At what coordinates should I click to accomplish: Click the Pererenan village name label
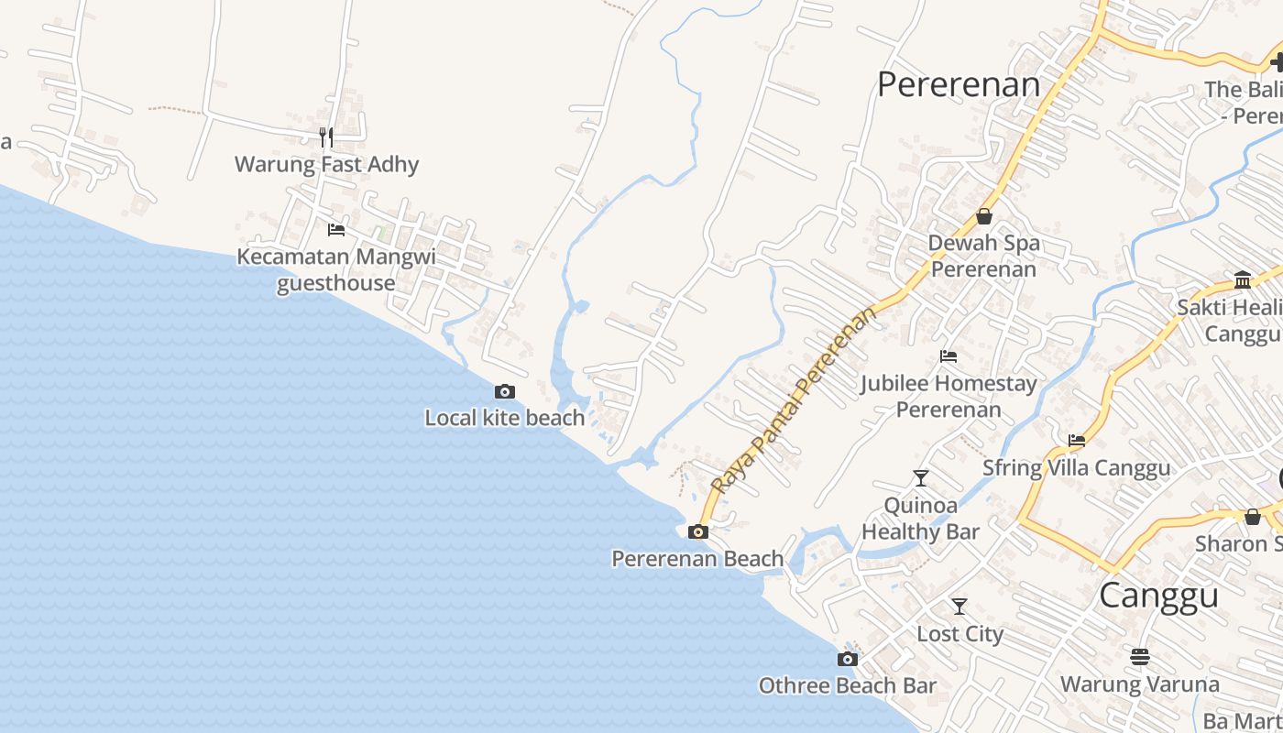959,84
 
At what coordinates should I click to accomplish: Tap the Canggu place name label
1158,596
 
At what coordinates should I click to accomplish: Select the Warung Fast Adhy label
326,165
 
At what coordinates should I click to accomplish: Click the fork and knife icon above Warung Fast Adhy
326,137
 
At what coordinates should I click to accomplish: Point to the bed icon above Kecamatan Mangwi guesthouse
336,229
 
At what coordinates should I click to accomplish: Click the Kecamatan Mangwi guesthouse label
336,269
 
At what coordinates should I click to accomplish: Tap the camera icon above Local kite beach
504,392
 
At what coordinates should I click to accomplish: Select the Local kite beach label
504,418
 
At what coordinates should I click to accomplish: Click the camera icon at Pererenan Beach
698,531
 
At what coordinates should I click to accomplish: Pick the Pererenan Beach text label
697,558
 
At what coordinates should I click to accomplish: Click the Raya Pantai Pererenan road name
793,401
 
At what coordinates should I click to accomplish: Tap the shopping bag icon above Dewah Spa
984,217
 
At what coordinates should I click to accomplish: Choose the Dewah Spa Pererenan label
984,256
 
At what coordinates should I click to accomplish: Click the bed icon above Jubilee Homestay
949,356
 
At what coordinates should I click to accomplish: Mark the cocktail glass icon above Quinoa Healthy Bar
921,477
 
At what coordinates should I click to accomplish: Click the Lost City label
960,634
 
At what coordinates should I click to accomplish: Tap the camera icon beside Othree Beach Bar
848,659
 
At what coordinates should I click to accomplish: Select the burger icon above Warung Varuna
1140,657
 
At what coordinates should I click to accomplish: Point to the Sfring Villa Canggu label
1076,468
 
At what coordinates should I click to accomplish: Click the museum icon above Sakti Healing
1243,279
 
